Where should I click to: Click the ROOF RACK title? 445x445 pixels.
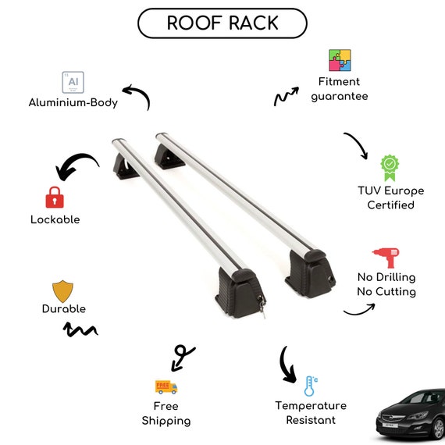coord(222,23)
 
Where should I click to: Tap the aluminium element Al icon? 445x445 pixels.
coord(73,82)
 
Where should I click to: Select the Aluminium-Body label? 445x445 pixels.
coord(73,102)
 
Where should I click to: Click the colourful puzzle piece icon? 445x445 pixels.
coord(340,60)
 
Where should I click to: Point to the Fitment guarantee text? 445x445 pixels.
coord(340,89)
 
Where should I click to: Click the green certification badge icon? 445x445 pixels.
coord(390,168)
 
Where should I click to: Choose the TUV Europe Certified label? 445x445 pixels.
coord(391,198)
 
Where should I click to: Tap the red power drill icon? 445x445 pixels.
coord(386,258)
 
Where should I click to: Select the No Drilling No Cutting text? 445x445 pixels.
coord(386,284)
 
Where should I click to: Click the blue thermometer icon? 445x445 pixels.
coord(311,386)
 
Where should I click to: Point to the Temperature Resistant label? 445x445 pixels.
coord(311,413)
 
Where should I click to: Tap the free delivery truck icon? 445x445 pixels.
coord(166,387)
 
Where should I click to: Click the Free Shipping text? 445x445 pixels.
coord(166,414)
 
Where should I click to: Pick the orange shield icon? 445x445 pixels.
coord(62,291)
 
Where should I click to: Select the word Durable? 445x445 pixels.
coord(64,309)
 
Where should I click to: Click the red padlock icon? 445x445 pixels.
coord(55,198)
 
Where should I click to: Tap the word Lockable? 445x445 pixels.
coord(55,219)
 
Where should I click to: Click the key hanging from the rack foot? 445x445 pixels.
coord(262,307)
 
